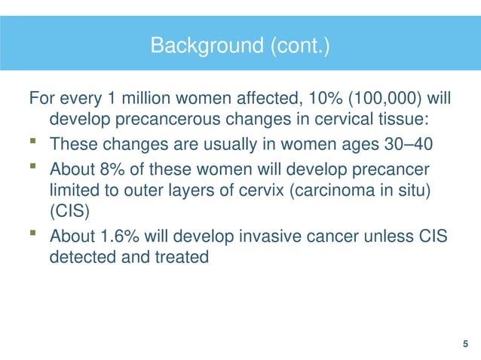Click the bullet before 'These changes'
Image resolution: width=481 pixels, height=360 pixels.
pyautogui.click(x=33, y=143)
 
